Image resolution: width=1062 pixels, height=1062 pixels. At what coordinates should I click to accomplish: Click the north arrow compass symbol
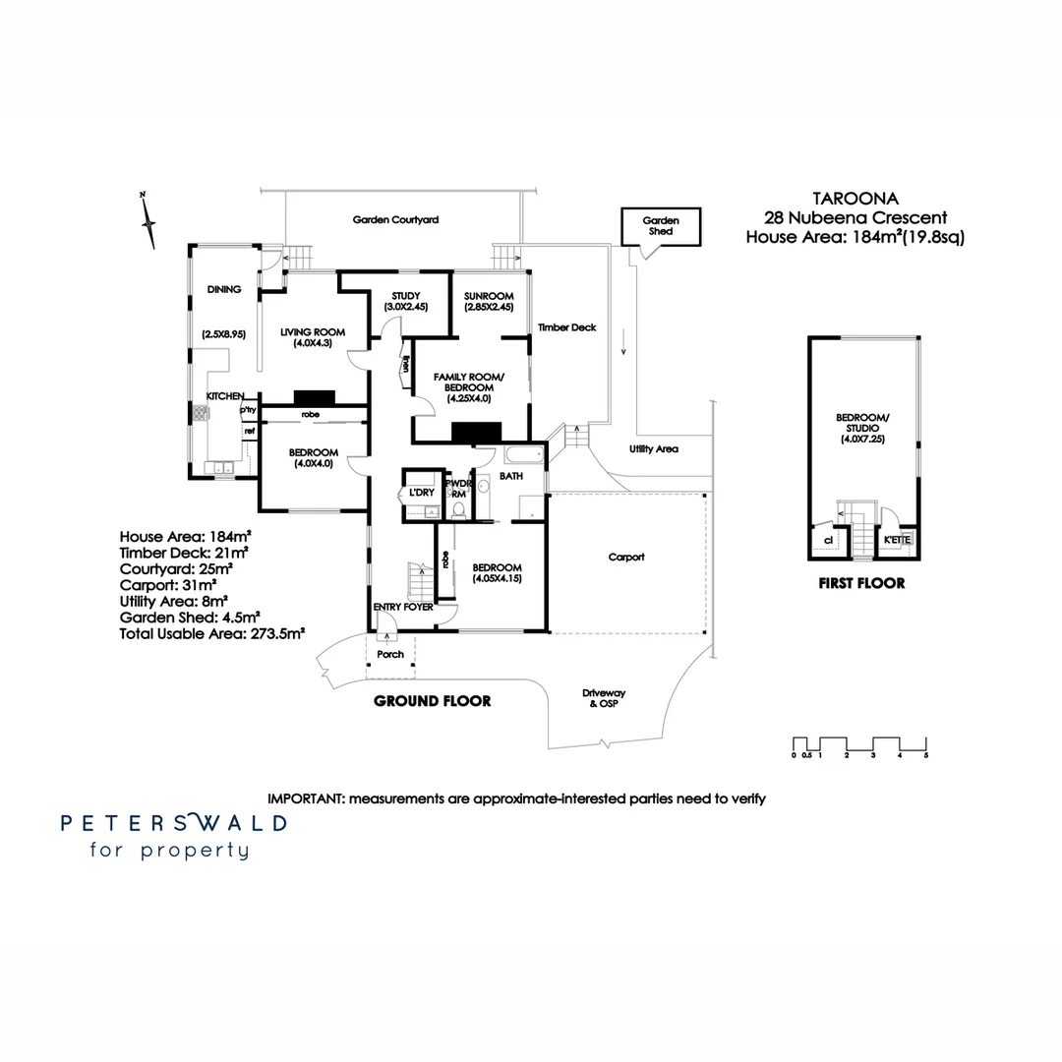coord(148,221)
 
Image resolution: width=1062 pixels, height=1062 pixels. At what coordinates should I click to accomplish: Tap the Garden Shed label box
coord(660,226)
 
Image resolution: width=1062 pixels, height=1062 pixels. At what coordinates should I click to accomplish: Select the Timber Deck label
coord(566,327)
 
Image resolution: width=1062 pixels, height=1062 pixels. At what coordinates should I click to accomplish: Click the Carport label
coord(626,557)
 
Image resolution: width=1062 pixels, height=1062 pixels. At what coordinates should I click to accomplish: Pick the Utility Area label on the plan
coord(654,449)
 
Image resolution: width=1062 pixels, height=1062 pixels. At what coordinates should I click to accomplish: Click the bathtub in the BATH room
coord(523,455)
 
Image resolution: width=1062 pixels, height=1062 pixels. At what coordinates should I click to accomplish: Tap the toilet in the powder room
coord(457,509)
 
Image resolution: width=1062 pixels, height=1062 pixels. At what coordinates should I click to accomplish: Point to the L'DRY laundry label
coord(422,492)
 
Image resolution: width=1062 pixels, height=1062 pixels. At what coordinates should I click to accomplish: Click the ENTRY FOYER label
coord(403,608)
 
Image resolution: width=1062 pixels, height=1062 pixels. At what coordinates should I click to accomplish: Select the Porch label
coord(390,654)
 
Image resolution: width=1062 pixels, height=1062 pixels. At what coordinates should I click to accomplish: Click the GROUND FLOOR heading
coord(432,701)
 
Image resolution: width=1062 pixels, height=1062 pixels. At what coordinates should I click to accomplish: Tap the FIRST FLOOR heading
coord(861,583)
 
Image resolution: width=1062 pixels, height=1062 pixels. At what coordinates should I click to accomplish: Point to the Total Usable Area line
coord(211,634)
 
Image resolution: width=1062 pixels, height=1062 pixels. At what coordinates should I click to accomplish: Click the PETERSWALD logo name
coord(174,823)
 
